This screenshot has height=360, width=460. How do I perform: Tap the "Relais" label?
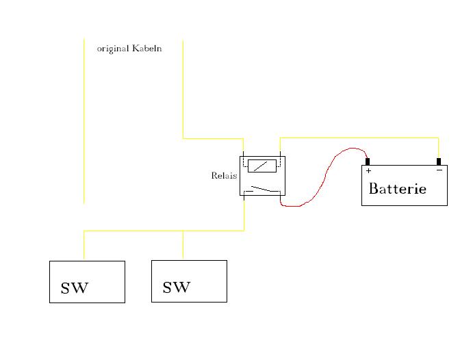[224, 176]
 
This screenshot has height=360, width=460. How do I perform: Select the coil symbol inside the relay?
[261, 165]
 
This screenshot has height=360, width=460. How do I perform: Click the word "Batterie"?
[397, 189]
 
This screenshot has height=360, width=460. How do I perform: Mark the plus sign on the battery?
[368, 170]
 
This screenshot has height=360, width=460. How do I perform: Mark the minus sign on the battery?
[439, 170]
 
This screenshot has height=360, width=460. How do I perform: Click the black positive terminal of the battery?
[368, 162]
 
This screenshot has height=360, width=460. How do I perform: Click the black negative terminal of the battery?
[439, 162]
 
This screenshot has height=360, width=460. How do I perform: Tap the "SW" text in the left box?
[75, 288]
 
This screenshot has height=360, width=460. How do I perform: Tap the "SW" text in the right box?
[177, 287]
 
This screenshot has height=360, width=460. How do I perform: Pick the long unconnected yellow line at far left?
[84, 123]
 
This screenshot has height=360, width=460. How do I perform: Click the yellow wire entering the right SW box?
[183, 245]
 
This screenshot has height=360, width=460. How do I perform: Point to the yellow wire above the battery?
[359, 138]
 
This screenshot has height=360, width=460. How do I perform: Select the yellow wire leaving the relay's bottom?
[244, 214]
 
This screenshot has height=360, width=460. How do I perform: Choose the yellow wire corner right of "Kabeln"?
[183, 138]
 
